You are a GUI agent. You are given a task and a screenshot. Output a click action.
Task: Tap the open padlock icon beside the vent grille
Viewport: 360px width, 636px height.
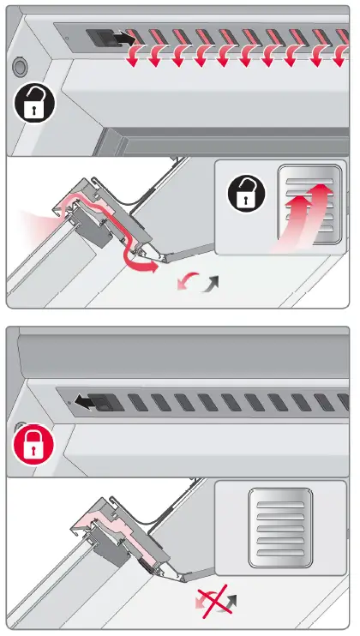246,195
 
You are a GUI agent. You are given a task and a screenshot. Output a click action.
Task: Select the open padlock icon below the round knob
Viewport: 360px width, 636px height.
33,106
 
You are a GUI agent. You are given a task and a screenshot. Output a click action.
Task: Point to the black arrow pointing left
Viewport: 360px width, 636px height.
82,399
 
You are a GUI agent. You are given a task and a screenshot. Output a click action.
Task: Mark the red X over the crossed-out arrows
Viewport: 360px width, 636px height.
213,602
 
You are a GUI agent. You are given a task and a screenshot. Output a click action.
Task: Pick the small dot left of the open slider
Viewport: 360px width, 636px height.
64,37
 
